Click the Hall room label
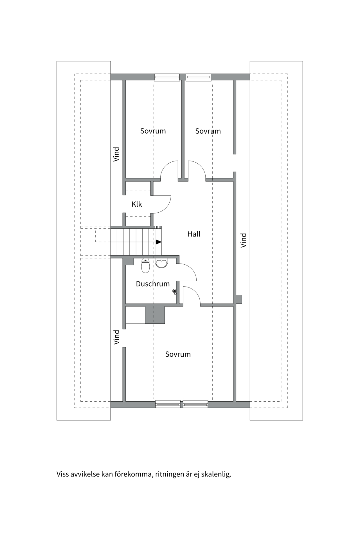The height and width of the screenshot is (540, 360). (194, 234)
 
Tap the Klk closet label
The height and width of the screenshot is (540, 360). (137, 204)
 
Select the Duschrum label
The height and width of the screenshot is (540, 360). (153, 284)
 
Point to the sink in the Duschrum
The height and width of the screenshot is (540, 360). (161, 263)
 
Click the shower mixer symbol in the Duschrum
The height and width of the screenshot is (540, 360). (175, 292)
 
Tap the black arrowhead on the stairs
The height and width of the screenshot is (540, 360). (159, 242)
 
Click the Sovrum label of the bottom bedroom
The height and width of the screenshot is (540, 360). (178, 354)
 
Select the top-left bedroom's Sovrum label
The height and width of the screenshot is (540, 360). (153, 131)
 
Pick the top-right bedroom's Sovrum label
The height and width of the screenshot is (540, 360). (208, 131)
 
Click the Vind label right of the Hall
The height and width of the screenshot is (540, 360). (244, 240)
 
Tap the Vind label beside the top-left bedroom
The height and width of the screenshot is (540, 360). (116, 154)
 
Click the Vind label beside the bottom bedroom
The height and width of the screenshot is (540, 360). (116, 337)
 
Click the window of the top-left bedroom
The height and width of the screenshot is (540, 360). (167, 77)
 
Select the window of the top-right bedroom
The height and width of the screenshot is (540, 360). (198, 77)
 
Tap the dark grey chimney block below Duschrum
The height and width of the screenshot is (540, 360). (155, 314)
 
